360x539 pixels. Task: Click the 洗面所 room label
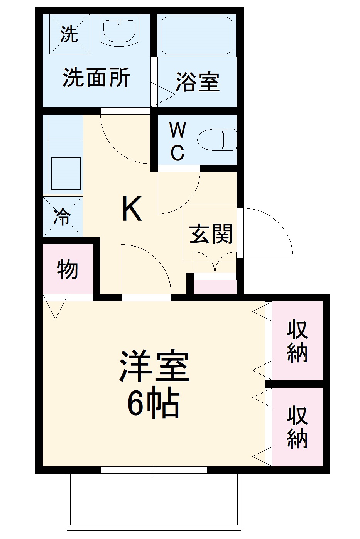tap(96, 77)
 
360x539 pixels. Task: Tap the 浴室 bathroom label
tap(198, 81)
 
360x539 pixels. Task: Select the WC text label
tap(177, 142)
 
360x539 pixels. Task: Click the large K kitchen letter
tap(132, 209)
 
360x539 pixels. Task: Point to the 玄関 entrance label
tap(211, 234)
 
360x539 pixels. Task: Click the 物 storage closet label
tap(68, 269)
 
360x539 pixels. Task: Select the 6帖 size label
tap(154, 404)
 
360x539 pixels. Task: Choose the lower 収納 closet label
tap(297, 427)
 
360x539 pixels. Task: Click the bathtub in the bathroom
tap(197, 35)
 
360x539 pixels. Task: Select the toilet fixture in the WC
tap(217, 140)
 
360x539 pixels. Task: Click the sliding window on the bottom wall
tap(154, 470)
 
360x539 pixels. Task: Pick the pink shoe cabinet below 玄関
tap(215, 287)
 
